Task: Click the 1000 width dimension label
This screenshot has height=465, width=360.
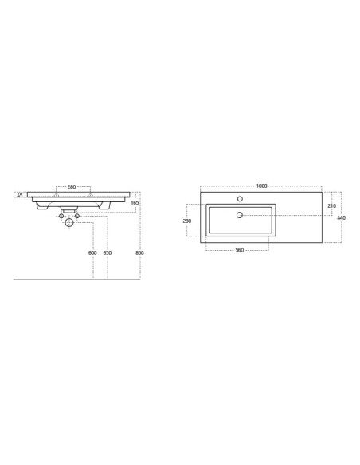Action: pos(261,186)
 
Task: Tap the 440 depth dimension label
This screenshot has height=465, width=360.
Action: pos(342,217)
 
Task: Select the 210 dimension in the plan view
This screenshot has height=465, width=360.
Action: pos(332,205)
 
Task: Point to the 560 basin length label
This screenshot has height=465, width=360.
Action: pos(239,250)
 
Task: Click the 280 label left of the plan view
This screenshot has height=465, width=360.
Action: pos(187,221)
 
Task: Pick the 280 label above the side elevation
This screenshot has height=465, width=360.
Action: pos(72,187)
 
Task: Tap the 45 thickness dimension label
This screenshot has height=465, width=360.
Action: pos(20,196)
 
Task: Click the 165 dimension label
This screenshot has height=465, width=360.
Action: pos(135,203)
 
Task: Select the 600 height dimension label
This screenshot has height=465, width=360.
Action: pos(92,252)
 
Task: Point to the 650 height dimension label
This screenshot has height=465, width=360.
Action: pos(108,252)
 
